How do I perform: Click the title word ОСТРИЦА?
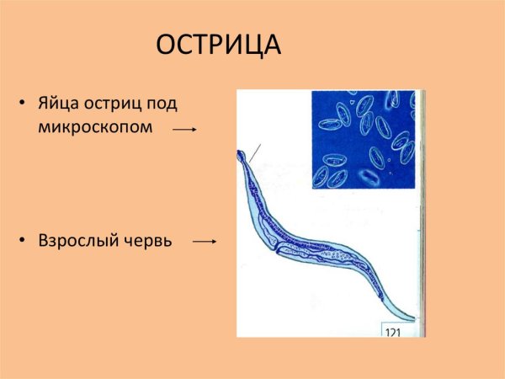[219, 45]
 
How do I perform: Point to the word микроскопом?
[95, 129]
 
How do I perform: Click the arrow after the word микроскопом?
[184, 130]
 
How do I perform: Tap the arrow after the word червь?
[205, 242]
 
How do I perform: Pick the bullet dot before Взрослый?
[23, 241]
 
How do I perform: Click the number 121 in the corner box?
[393, 330]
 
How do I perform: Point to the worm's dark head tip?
[242, 155]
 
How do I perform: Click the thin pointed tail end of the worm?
[410, 319]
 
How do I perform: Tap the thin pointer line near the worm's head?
[255, 152]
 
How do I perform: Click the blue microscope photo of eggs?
[364, 139]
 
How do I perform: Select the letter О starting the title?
[167, 45]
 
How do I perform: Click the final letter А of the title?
[271, 45]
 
